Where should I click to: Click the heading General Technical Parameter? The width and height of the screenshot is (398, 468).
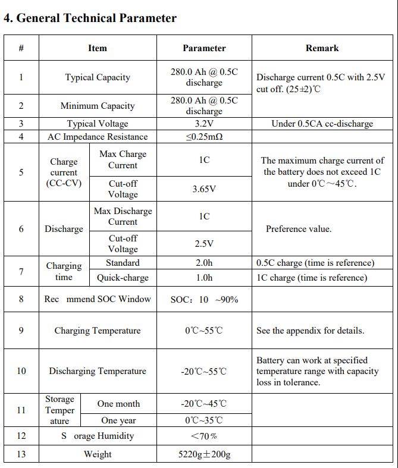(90, 18)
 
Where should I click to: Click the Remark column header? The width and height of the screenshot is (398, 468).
(322, 48)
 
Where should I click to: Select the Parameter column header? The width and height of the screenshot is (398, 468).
(204, 48)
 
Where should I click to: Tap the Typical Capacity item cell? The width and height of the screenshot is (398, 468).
(98, 77)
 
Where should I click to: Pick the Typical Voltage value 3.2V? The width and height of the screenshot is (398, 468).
(204, 124)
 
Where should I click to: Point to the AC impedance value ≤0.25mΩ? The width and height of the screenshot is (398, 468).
(204, 137)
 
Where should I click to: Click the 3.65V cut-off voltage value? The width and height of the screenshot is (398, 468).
(204, 189)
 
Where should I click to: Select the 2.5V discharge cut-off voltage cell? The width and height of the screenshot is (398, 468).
(204, 244)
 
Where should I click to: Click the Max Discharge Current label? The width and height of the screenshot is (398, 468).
(123, 216)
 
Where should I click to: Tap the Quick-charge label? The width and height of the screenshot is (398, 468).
(123, 278)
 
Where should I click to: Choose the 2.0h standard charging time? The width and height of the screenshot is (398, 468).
(204, 263)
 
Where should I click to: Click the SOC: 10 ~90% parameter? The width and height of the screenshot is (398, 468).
(204, 300)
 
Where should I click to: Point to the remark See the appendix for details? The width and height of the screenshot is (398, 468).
(310, 331)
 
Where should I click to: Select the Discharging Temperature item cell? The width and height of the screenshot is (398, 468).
(98, 371)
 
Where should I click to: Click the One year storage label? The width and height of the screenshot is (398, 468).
(118, 420)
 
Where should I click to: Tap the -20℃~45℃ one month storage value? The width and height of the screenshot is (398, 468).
(204, 404)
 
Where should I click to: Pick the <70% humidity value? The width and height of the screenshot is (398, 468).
(204, 436)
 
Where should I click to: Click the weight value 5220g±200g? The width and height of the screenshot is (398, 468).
(204, 454)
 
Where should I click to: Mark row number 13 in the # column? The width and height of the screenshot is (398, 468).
(21, 454)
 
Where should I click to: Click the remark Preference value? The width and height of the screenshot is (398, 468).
(299, 229)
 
